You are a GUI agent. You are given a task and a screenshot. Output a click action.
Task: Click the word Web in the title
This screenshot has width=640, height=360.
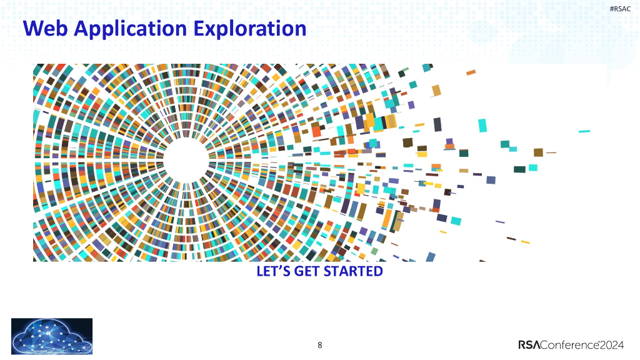pos(41,29)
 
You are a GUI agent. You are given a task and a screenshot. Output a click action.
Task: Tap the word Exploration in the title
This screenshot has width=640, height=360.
pos(249,29)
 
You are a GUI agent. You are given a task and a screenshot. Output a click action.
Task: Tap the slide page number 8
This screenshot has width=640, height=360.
pos(320,345)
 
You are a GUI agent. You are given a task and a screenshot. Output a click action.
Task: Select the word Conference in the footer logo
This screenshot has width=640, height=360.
pos(569,345)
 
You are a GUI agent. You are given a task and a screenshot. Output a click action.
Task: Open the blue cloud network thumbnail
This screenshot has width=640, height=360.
pos(52,337)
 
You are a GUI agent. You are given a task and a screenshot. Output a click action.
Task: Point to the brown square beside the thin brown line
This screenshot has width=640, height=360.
pos(538,152)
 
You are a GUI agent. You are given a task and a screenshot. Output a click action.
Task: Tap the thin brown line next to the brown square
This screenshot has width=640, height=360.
pos(551,152)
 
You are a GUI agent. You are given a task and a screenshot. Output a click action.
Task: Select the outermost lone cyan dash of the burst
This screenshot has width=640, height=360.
pos(584,131)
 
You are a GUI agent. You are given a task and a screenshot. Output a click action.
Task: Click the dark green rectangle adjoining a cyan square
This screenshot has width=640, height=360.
pos(519,169)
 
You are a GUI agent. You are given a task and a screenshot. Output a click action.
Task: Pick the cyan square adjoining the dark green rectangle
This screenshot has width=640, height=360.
pos(533,167)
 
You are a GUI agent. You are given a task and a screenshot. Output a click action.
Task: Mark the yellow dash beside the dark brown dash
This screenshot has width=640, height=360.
pos(525,242)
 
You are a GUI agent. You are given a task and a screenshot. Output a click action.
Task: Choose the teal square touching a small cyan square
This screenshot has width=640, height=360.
pos(504,143)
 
